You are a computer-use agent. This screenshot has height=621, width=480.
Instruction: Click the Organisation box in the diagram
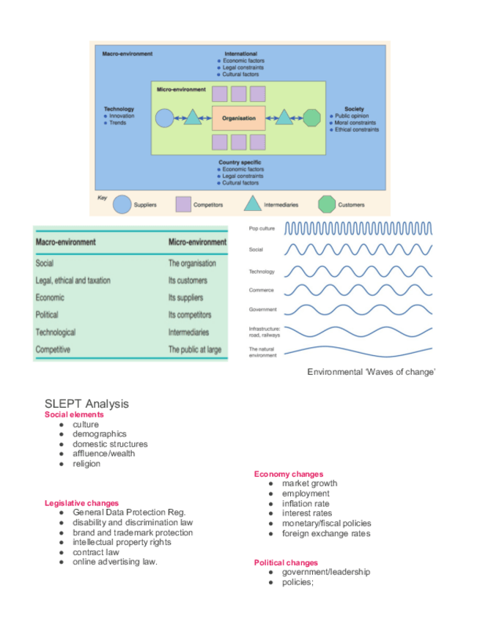pyautogui.click(x=238, y=118)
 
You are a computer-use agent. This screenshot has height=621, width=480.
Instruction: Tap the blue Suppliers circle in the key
pyautogui.click(x=122, y=204)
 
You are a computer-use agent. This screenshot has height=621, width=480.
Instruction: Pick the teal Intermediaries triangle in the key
pyautogui.click(x=251, y=204)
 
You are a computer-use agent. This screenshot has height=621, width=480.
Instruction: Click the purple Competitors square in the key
pyautogui.click(x=183, y=204)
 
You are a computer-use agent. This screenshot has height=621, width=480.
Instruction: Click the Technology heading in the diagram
pyautogui.click(x=119, y=109)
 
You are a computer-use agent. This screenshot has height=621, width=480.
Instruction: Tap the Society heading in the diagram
pyautogui.click(x=354, y=109)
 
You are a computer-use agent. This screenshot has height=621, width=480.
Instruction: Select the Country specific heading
pyautogui.click(x=240, y=162)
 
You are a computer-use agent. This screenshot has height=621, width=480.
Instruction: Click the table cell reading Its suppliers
pyautogui.click(x=188, y=298)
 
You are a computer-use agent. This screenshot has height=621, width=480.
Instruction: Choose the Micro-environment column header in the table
pyautogui.click(x=197, y=242)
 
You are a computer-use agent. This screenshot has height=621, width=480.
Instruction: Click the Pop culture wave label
pyautogui.click(x=262, y=228)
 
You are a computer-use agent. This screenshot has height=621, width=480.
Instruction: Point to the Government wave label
pyautogui.click(x=262, y=310)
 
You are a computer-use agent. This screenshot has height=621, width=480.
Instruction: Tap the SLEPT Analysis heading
pyautogui.click(x=86, y=404)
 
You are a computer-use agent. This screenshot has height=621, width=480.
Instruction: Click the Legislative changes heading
pyautogui.click(x=81, y=503)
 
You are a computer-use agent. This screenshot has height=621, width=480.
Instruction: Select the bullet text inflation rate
pyautogui.click(x=306, y=504)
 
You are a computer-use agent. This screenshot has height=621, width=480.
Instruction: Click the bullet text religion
pyautogui.click(x=86, y=464)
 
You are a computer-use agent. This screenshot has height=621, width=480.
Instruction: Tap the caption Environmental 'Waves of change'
pyautogui.click(x=372, y=372)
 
